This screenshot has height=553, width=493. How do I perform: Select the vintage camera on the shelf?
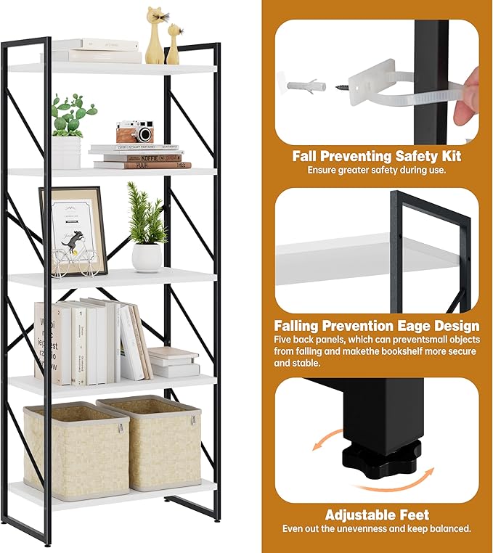135,132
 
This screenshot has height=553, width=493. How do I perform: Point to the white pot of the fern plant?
146,257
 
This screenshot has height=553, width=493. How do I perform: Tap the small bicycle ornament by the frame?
75,261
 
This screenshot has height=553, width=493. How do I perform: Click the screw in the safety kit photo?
341,86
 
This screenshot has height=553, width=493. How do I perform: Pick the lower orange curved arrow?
410,480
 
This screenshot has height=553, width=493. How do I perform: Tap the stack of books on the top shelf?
96,50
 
